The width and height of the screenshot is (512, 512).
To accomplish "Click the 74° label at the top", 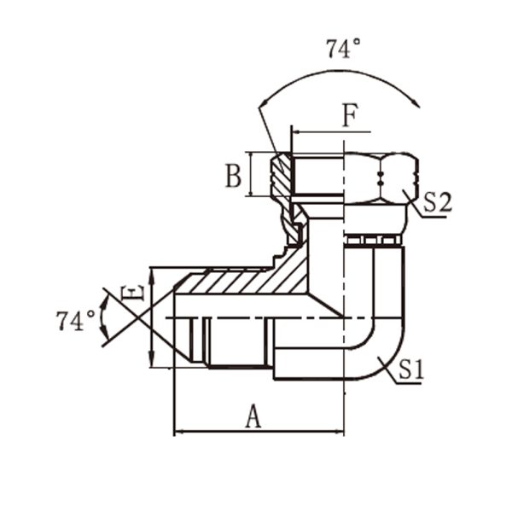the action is [x=344, y=49].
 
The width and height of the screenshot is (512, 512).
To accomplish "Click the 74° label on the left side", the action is [x=75, y=321].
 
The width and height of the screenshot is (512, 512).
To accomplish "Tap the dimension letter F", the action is [x=351, y=115].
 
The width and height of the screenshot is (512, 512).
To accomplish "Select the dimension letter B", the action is [x=234, y=176].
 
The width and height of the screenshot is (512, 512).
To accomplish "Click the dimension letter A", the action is [x=253, y=416].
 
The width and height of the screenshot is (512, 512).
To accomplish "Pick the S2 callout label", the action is [x=438, y=202].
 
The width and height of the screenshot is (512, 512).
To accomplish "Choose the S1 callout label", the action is [x=411, y=369].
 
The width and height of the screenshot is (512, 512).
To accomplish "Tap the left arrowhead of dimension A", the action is [x=178, y=432].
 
